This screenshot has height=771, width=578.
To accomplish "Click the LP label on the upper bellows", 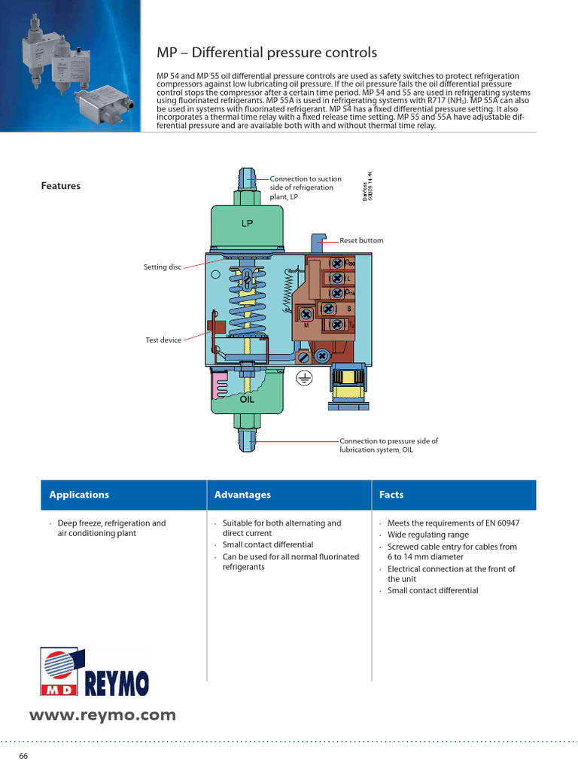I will click(x=247, y=224).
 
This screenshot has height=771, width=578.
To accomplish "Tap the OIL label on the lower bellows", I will click(x=247, y=399).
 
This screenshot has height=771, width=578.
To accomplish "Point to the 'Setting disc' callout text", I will click(x=163, y=267).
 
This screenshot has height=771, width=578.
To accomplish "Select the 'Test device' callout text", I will click(x=163, y=340).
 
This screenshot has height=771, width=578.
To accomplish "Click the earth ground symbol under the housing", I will click(x=304, y=377).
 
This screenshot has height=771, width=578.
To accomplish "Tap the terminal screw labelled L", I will click(x=337, y=279).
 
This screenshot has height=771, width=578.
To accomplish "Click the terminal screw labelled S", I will click(x=329, y=309).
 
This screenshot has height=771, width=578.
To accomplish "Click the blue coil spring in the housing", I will click(x=247, y=309).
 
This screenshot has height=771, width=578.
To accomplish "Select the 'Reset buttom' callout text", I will click(x=361, y=240).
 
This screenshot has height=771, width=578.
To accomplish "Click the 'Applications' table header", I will click(x=79, y=495).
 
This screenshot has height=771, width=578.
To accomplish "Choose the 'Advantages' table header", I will click(x=242, y=495).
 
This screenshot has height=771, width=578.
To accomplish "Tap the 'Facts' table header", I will click(x=391, y=495).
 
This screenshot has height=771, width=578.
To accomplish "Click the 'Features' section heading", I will click(x=60, y=186).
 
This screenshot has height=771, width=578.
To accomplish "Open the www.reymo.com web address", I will click(x=102, y=715).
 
